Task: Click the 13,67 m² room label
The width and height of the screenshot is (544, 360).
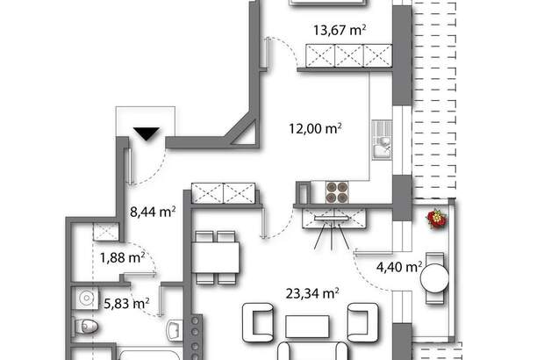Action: (x=340, y=29)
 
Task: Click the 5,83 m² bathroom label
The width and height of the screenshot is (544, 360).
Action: (x=126, y=303)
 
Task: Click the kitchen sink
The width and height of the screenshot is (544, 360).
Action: (x=383, y=145)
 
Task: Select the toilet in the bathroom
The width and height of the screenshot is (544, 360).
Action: (x=87, y=328)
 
